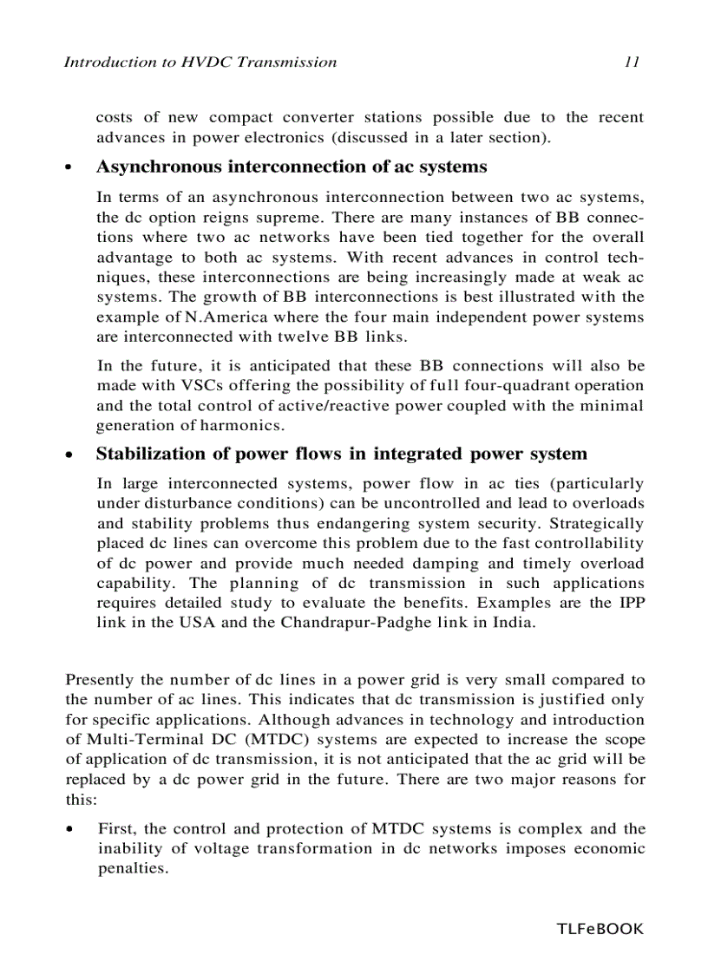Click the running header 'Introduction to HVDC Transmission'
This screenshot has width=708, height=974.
(x=200, y=62)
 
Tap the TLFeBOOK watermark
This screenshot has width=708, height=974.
(x=600, y=929)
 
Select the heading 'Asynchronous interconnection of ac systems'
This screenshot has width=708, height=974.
(x=291, y=167)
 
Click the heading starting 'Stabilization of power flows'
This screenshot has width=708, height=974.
(x=341, y=454)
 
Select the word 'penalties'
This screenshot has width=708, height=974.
(x=132, y=868)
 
